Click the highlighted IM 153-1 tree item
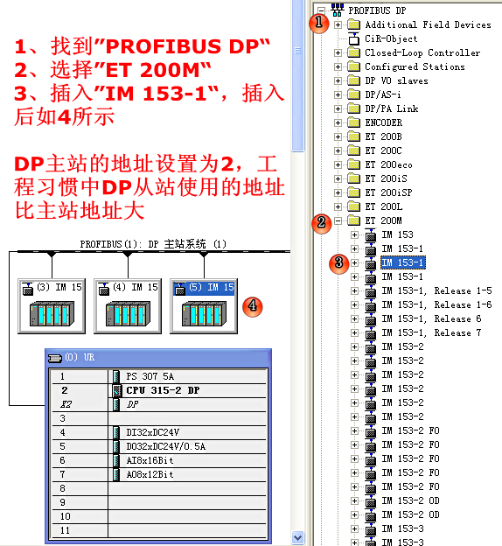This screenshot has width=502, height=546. tap(403, 262)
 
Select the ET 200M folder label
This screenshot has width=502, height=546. tap(383, 220)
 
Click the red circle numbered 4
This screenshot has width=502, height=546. tap(253, 307)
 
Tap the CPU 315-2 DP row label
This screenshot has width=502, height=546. tap(163, 390)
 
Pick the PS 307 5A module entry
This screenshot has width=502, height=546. tap(150, 376)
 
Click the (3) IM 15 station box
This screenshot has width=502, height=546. tap(52, 306)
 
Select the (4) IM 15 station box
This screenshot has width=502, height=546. tap(128, 306)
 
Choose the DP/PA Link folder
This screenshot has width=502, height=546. tap(392, 108)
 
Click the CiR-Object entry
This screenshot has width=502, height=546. tap(391, 38)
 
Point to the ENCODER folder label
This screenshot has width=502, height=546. tap(383, 122)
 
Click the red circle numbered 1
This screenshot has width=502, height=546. tap(319, 23)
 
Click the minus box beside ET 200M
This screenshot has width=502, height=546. tap(338, 220)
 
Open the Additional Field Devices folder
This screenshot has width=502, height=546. tap(428, 24)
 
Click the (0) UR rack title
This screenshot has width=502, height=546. tap(80, 357)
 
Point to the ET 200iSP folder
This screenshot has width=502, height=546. tap(388, 192)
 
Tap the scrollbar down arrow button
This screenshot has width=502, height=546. tap(297, 537)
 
